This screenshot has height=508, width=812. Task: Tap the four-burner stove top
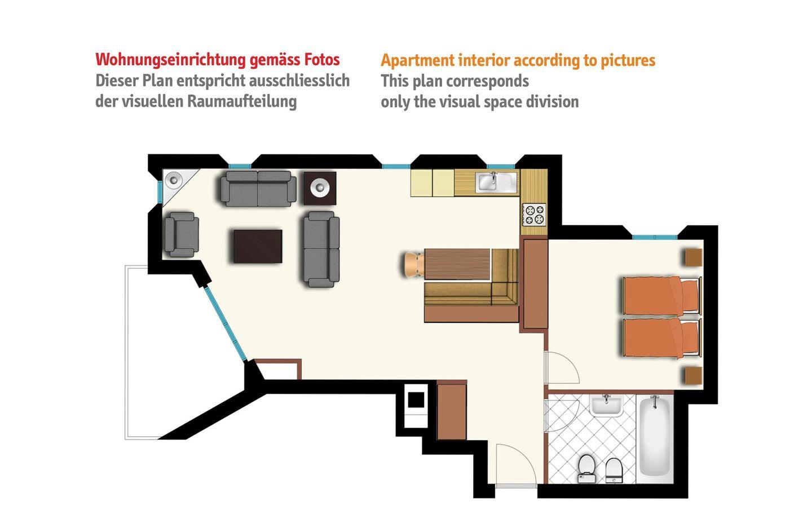click(x=533, y=214)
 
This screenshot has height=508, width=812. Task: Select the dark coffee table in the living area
click(x=258, y=246)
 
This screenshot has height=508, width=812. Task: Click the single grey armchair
click(x=181, y=234)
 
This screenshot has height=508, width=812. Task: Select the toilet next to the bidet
click(x=586, y=469)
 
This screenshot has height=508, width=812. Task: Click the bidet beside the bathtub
click(x=614, y=470)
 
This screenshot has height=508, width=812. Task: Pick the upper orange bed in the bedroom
click(x=662, y=296)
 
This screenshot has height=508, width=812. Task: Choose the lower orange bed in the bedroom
click(x=662, y=338)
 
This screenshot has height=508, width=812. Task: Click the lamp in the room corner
click(x=174, y=179)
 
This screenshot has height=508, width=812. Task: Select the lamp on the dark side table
click(x=320, y=187)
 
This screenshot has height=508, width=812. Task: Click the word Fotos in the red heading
click(x=322, y=60)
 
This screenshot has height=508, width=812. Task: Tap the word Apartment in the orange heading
click(x=417, y=61)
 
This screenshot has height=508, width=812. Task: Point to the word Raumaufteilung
click(x=242, y=102)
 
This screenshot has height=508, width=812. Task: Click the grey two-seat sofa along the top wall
click(x=258, y=189)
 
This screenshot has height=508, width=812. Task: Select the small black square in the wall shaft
click(x=416, y=400)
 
